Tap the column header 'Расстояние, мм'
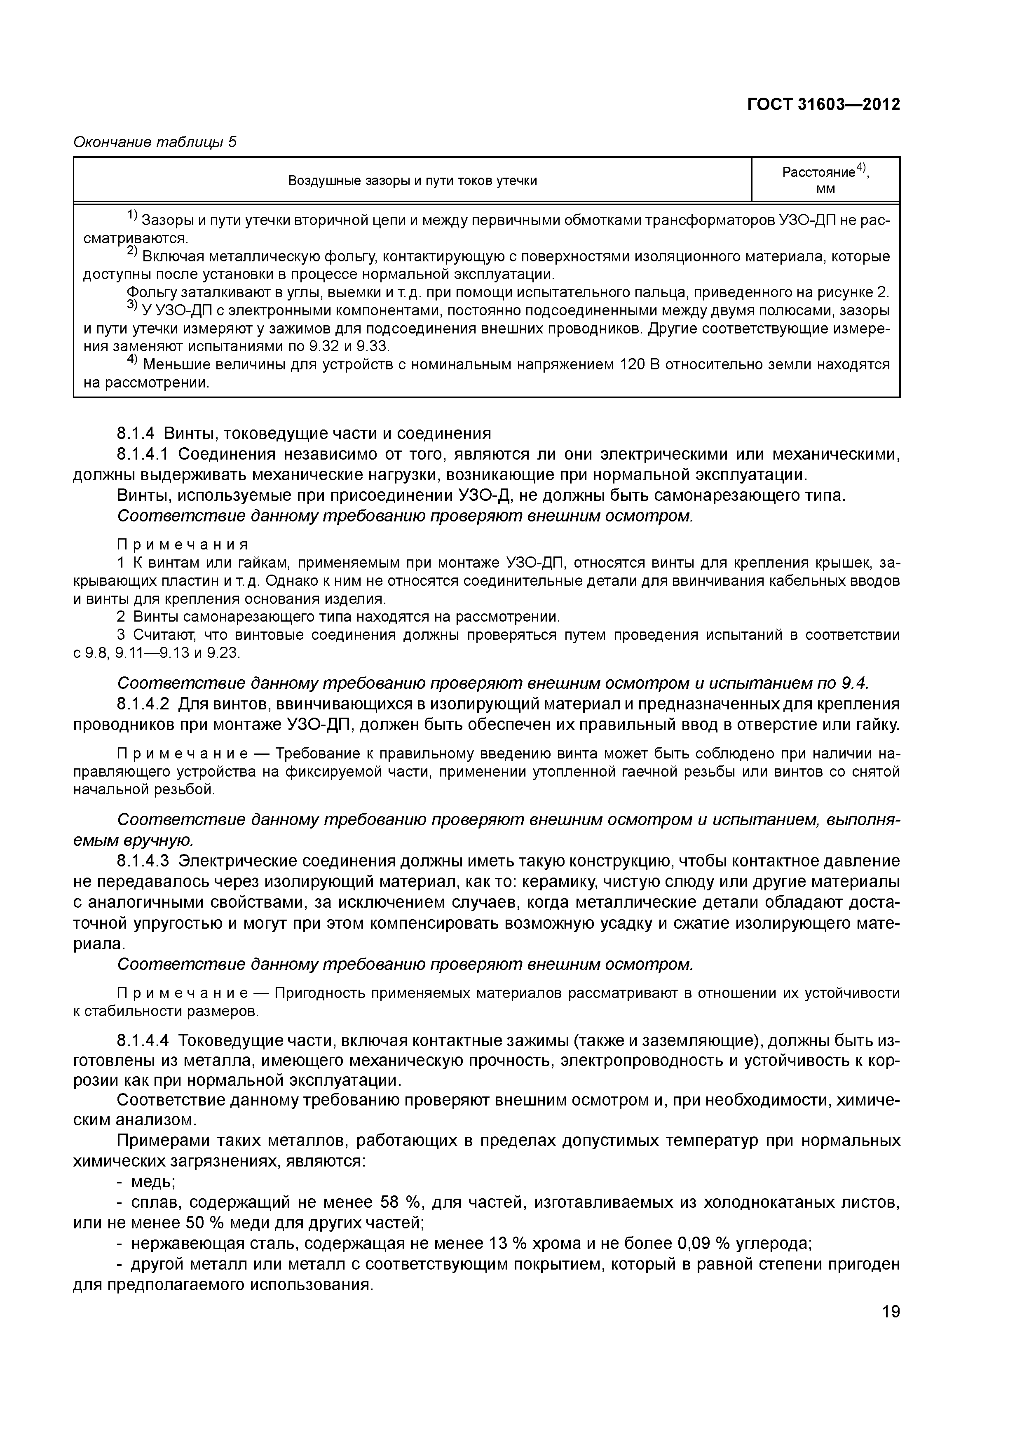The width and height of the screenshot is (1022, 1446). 825,179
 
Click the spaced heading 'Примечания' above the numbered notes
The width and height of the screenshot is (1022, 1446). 183,544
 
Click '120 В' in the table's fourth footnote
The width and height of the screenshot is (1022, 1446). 642,365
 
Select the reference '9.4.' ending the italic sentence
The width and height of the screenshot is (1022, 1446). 854,683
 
